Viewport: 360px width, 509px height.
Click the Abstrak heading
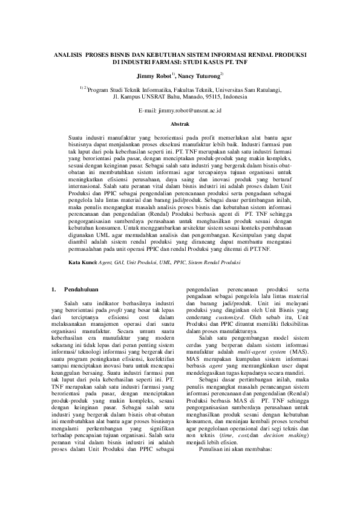[180, 123]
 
